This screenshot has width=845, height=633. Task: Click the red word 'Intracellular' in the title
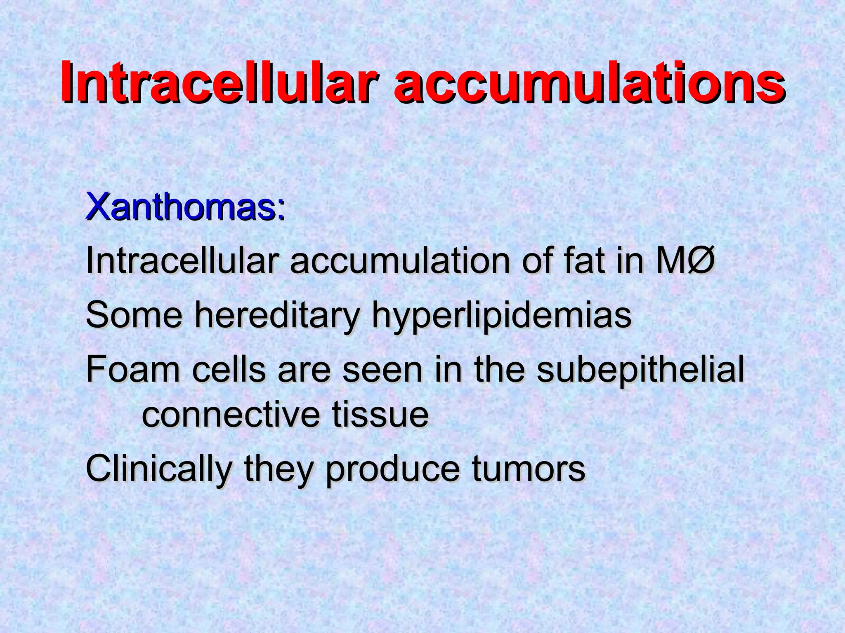pyautogui.click(x=219, y=81)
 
